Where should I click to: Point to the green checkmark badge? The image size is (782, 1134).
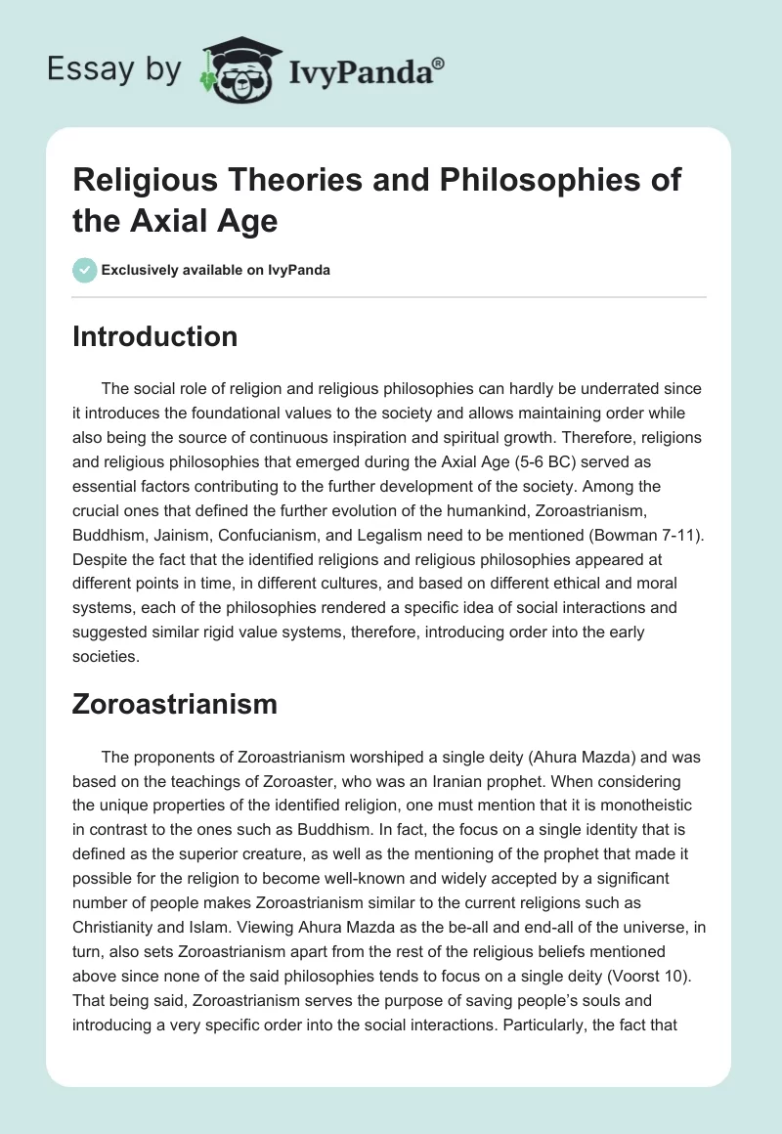click(x=84, y=270)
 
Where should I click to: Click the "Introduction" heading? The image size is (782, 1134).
click(x=154, y=336)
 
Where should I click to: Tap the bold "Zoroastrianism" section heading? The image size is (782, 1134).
click(x=175, y=703)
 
